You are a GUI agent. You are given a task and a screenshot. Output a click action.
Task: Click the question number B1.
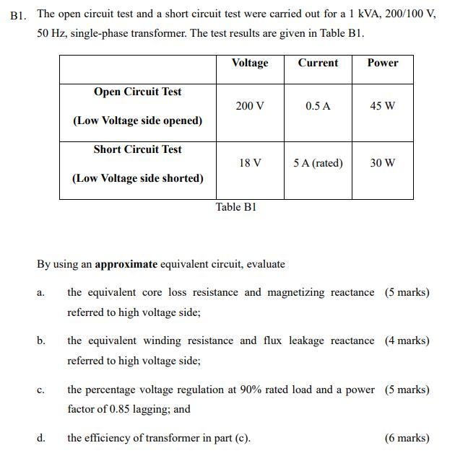tap(19, 14)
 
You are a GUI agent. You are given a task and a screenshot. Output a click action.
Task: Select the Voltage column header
tap(249, 63)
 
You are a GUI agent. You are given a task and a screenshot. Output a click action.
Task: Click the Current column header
tap(318, 63)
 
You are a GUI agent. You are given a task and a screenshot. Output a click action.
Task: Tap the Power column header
tap(382, 63)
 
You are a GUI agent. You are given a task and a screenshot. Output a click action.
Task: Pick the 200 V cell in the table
tap(249, 106)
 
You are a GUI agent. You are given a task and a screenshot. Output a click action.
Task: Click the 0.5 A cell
tap(318, 106)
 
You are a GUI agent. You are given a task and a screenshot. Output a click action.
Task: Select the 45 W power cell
tap(382, 106)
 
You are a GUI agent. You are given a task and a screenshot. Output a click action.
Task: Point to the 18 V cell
tap(249, 163)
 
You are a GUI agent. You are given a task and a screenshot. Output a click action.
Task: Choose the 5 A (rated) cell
tap(318, 163)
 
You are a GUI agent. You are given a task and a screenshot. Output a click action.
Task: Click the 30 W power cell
tap(382, 163)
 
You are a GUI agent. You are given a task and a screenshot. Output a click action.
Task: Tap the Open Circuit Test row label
tap(137, 92)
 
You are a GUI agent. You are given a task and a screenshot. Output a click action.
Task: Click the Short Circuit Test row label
tap(137, 149)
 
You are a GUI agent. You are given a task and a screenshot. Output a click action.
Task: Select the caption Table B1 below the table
tap(236, 207)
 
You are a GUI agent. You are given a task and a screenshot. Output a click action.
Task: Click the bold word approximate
tap(126, 264)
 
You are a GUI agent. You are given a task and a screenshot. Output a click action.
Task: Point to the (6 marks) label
tap(407, 438)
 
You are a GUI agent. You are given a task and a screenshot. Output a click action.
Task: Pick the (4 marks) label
tap(407, 341)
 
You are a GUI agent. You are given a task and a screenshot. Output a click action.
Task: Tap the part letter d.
tap(40, 438)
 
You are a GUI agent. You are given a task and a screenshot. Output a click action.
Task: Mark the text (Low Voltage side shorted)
tap(137, 178)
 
